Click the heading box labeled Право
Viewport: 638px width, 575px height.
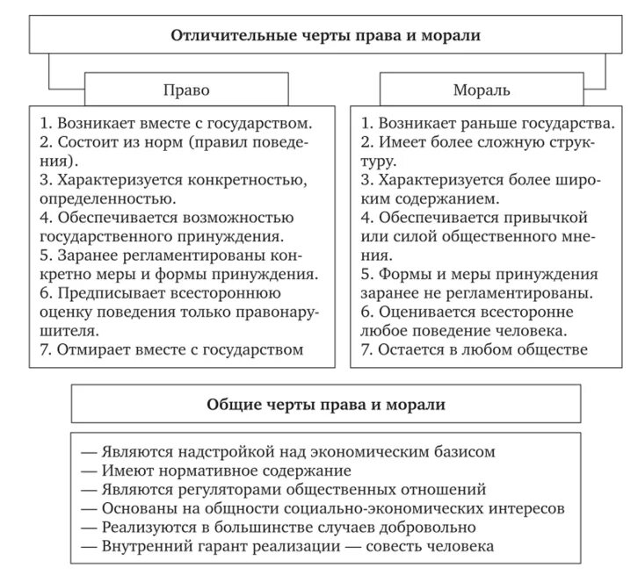pyautogui.click(x=186, y=90)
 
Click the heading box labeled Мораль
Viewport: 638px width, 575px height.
pyautogui.click(x=481, y=90)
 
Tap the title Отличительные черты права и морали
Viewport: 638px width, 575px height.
pyautogui.click(x=326, y=35)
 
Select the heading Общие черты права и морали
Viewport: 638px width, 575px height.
pyautogui.click(x=326, y=405)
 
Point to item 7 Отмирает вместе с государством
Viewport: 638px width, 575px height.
pyautogui.click(x=172, y=349)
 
